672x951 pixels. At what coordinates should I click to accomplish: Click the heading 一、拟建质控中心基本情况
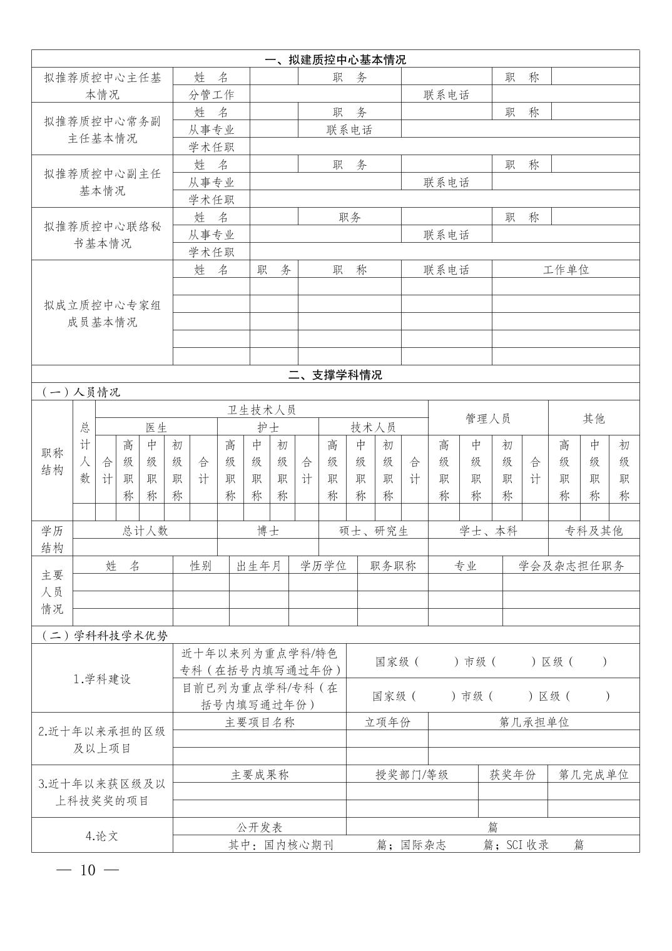click(x=335, y=60)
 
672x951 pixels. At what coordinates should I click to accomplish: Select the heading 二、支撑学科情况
click(x=335, y=375)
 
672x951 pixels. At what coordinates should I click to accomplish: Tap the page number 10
click(x=88, y=870)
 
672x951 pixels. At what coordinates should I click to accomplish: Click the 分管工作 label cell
click(x=211, y=94)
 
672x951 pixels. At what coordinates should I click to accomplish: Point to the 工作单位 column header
click(x=566, y=270)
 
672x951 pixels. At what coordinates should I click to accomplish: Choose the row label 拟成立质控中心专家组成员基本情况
click(x=102, y=313)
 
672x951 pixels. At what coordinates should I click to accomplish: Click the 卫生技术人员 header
click(x=262, y=410)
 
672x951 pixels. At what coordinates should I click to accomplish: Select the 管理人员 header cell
click(x=488, y=419)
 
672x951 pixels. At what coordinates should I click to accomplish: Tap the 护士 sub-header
click(x=268, y=427)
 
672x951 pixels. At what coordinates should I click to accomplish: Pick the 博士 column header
click(x=268, y=531)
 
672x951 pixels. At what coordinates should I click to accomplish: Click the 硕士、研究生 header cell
click(x=374, y=531)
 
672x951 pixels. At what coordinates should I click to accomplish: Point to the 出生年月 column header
click(x=258, y=566)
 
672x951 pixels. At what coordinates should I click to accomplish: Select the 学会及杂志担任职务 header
click(x=571, y=566)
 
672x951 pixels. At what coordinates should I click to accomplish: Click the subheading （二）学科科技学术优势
click(x=105, y=636)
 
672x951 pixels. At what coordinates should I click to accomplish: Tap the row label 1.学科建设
click(x=102, y=679)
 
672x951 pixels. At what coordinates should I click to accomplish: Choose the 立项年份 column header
click(x=387, y=722)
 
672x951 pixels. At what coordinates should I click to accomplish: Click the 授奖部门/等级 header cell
click(x=412, y=775)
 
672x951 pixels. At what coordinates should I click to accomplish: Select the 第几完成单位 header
click(x=593, y=775)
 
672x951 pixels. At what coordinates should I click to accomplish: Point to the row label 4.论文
click(x=102, y=835)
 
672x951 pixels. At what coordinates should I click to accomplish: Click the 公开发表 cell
click(x=259, y=827)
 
